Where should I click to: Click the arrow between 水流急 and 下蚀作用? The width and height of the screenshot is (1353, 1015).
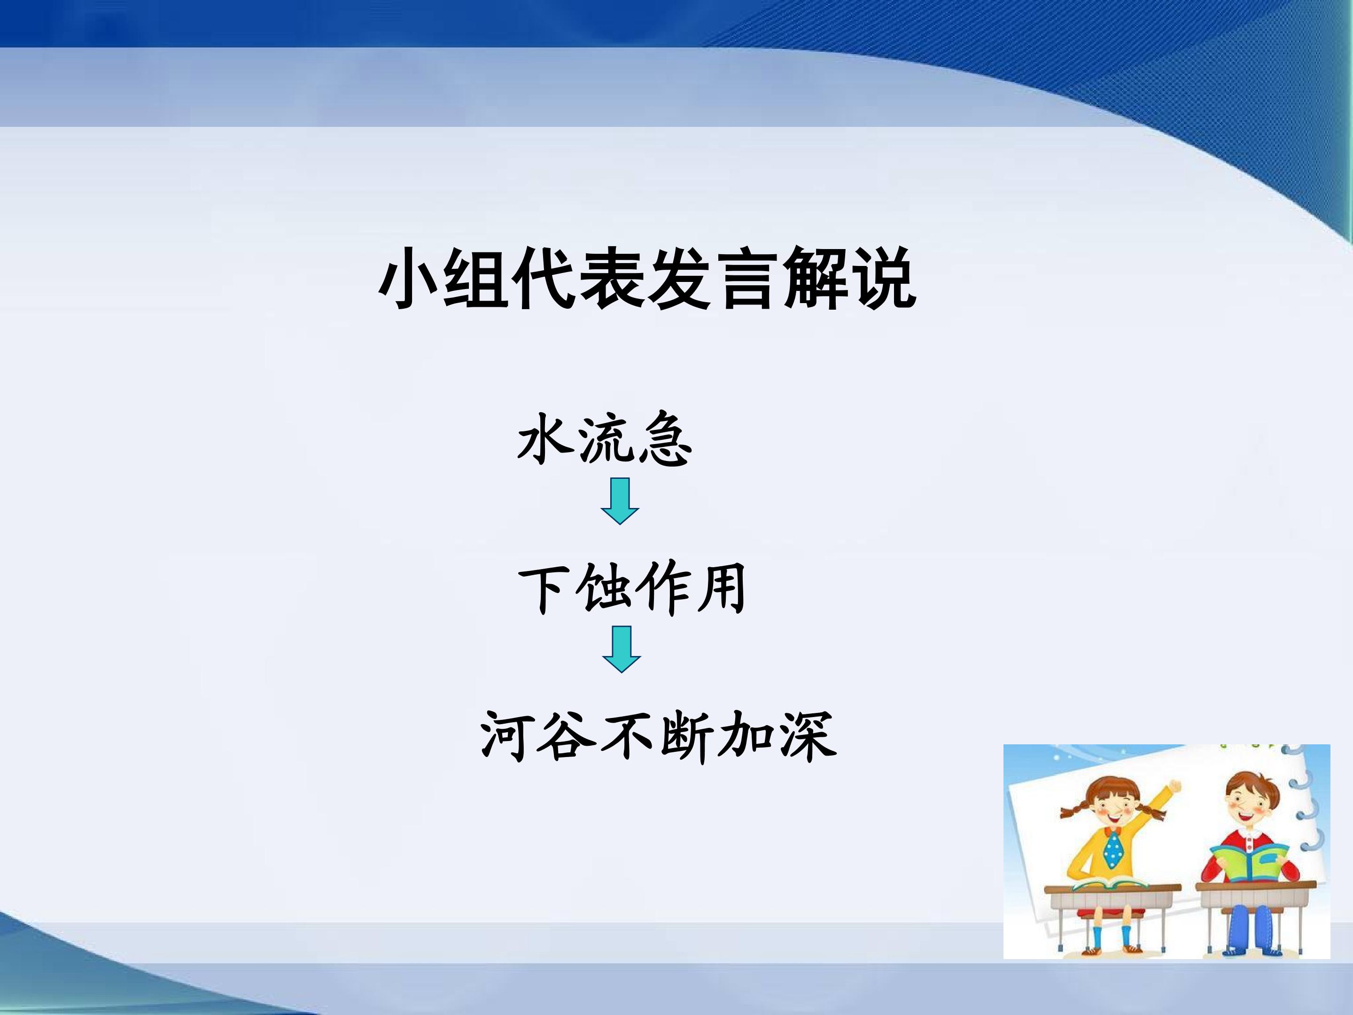coord(620,501)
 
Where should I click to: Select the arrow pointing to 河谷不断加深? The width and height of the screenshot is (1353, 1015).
coord(622,649)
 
